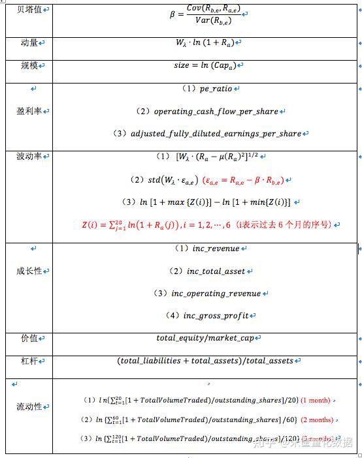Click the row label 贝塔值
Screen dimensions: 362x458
(x=27, y=11)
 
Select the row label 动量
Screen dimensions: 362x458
(x=27, y=42)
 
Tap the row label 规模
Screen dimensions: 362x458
(x=27, y=65)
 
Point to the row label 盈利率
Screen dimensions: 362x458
(x=29, y=111)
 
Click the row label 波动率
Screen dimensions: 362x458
(x=29, y=157)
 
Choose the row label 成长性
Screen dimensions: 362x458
(x=29, y=271)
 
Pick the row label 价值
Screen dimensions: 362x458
(x=27, y=338)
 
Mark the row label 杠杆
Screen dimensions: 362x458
(x=27, y=361)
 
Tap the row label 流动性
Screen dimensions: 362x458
(x=29, y=406)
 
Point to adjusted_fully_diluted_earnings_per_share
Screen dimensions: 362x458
(x=216, y=134)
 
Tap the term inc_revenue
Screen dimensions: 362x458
(x=216, y=249)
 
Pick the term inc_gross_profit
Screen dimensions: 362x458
(x=218, y=316)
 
